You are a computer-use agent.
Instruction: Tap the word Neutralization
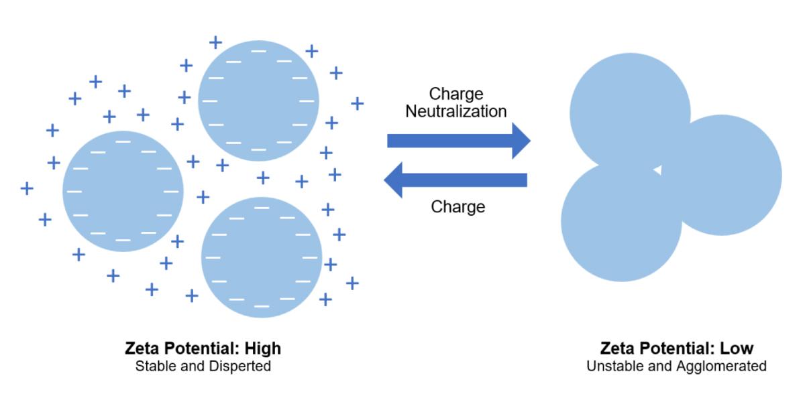pyautogui.click(x=455, y=111)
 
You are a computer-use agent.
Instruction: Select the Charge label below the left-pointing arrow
pyautogui.click(x=458, y=206)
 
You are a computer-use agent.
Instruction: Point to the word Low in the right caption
pyautogui.click(x=737, y=349)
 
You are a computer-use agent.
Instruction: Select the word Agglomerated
pyautogui.click(x=727, y=367)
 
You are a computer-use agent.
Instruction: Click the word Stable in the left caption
pyautogui.click(x=154, y=367)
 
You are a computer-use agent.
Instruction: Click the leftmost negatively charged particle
pyautogui.click(x=123, y=191)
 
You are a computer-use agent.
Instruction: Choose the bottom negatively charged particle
pyautogui.click(x=262, y=257)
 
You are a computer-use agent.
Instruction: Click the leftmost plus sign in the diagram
pyautogui.click(x=27, y=188)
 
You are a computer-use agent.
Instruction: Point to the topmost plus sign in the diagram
pyautogui.click(x=215, y=42)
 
